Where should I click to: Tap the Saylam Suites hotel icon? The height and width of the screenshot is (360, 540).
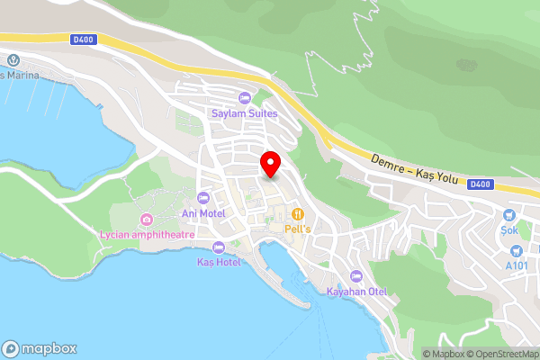(x=243, y=98)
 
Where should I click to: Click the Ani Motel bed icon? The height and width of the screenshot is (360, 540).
(x=202, y=197)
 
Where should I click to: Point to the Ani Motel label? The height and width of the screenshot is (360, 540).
(x=202, y=212)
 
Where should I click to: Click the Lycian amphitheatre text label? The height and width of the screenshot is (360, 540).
(x=146, y=236)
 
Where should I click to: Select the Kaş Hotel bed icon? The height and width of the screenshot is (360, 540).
(x=217, y=247)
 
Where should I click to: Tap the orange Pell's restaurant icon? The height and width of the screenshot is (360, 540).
(x=297, y=214)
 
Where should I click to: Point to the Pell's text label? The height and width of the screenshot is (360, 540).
(x=297, y=229)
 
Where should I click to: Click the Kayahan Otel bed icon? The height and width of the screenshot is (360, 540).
(x=355, y=276)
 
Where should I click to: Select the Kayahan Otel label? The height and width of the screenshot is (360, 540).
(x=355, y=292)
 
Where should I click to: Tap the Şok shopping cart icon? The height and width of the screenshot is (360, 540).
(x=509, y=215)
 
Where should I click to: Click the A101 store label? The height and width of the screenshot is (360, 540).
(x=517, y=265)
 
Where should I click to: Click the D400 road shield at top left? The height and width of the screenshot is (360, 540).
(x=83, y=38)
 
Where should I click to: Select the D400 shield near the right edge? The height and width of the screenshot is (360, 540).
(x=481, y=184)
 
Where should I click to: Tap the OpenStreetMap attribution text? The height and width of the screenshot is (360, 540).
(x=501, y=354)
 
